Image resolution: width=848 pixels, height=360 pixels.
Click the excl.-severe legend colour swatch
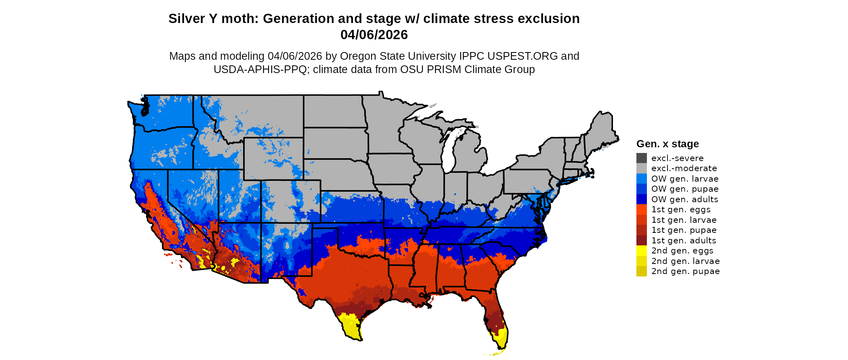click(x=641, y=158)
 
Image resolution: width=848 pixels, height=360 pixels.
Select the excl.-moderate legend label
click(x=684, y=168)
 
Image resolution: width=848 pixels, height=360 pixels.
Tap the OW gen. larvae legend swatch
click(x=641, y=179)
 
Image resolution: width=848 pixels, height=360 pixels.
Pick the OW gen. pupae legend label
click(x=685, y=189)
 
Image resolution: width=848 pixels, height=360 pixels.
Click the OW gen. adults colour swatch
click(x=641, y=199)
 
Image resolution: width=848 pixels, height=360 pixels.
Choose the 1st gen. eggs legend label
click(x=681, y=209)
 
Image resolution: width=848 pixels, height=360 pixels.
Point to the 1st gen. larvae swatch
click(x=641, y=220)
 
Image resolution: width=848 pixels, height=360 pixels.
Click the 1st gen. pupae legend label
click(x=684, y=230)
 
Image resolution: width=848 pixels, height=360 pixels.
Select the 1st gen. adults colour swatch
click(x=641, y=241)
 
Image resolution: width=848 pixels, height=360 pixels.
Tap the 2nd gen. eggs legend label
click(x=682, y=251)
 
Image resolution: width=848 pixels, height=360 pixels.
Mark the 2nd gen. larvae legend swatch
click(x=641, y=261)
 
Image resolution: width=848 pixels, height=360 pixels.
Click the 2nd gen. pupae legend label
click(x=685, y=271)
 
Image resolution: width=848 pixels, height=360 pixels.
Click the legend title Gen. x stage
click(x=667, y=144)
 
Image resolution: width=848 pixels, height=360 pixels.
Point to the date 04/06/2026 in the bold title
click(x=374, y=35)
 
